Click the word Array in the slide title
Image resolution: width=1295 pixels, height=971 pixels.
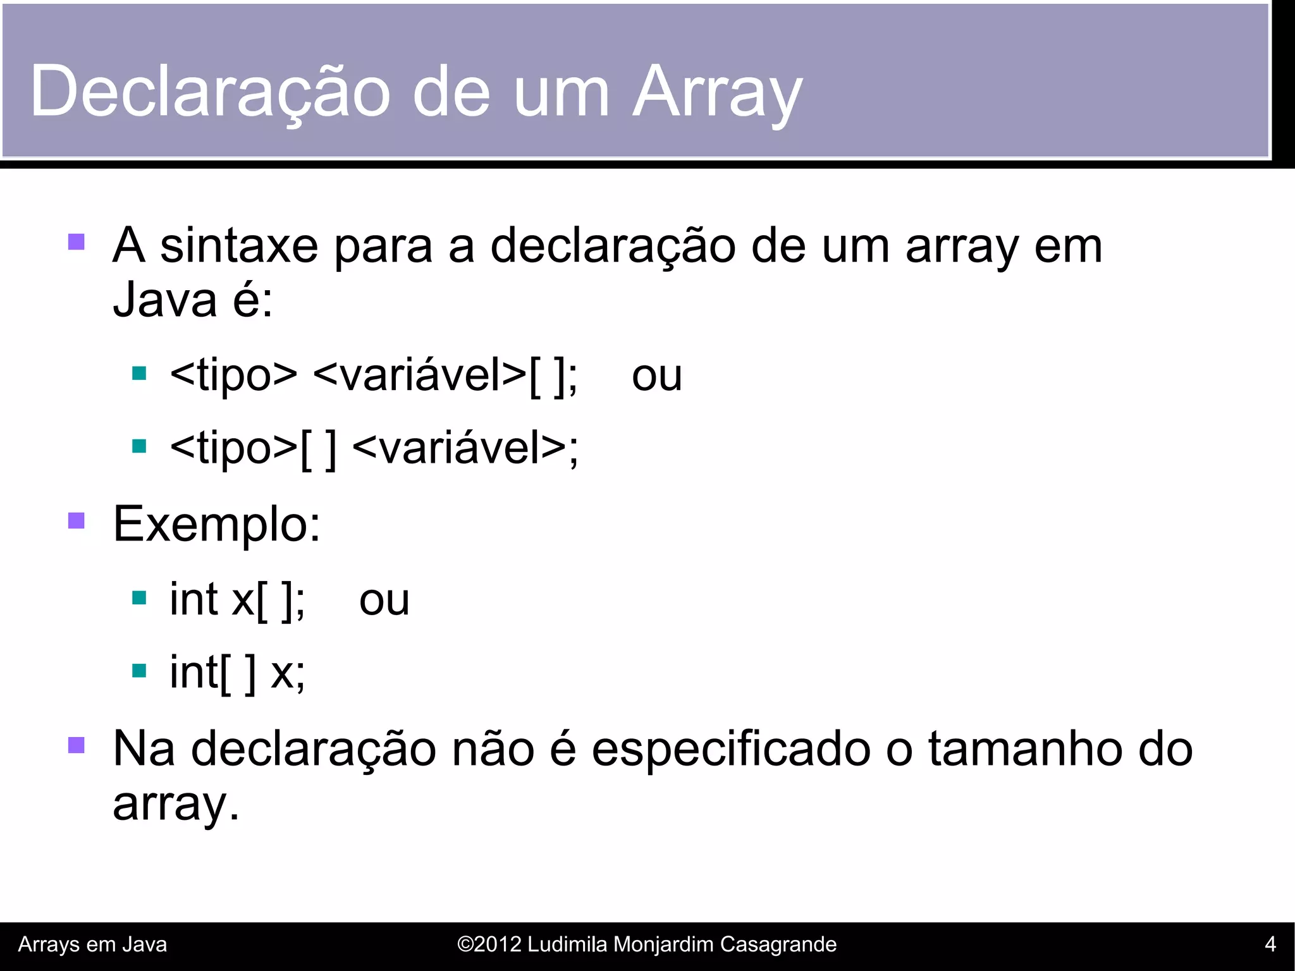[717, 92]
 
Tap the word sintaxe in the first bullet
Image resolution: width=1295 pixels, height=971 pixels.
[239, 247]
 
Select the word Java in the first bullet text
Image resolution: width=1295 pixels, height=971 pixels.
[165, 300]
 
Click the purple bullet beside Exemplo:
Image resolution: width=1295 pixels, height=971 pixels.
[77, 520]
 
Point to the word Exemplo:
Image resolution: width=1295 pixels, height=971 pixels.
[217, 525]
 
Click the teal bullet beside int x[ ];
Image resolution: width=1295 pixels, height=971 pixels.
[139, 597]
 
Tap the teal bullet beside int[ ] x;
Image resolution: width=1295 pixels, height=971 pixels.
[139, 670]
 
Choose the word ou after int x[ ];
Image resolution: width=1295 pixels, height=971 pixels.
[384, 601]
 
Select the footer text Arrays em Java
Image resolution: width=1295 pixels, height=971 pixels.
[92, 944]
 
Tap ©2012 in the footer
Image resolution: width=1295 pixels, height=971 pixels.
[489, 944]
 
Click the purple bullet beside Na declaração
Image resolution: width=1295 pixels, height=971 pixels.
[77, 745]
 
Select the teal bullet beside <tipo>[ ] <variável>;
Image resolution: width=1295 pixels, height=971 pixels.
[139, 446]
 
